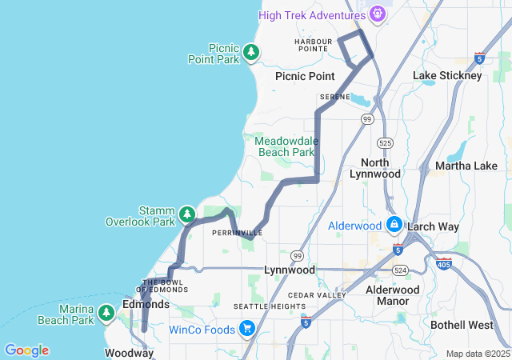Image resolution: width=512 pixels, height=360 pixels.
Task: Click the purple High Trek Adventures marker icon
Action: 378,14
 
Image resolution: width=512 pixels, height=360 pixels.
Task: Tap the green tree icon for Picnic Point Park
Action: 252,53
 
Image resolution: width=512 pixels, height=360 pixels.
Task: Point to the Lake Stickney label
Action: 447,75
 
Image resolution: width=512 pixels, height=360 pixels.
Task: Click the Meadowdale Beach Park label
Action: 286,146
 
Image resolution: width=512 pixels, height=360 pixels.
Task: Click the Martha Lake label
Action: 466,166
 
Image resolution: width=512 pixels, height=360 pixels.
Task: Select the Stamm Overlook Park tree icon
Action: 187,214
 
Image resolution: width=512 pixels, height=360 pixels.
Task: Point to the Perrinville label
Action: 238,234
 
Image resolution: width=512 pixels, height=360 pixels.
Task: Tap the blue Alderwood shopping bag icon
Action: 394,224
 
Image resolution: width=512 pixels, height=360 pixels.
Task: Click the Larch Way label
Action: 433,226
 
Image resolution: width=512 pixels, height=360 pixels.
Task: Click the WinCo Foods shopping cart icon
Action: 246,328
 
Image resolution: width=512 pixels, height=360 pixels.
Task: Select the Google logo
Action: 26,350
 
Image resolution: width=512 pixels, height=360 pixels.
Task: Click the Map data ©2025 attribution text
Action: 477,354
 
